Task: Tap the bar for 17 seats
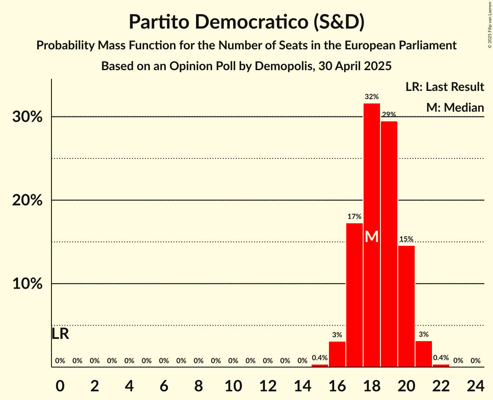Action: point(354,294)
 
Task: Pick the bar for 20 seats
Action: point(406,305)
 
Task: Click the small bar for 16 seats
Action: point(337,355)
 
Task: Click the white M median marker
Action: point(372,237)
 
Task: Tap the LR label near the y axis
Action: point(60,334)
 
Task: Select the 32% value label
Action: point(372,97)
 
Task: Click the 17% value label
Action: point(354,216)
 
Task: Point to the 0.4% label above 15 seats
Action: point(320,358)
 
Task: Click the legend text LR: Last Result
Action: point(445,87)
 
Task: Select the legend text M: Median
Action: point(455,107)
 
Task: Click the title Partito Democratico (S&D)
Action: point(246,23)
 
